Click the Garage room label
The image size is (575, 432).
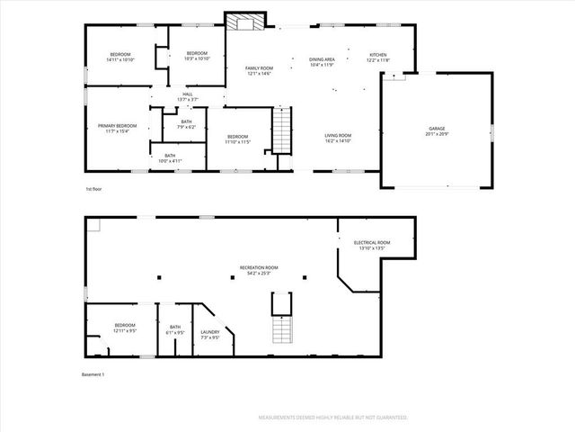click(x=436, y=130)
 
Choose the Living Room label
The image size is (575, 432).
click(x=338, y=138)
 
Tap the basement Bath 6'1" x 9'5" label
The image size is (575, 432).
click(x=175, y=329)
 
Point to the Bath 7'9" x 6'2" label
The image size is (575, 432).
click(x=186, y=123)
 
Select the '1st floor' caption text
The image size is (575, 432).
click(x=94, y=190)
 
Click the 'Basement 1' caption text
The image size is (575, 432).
click(x=93, y=374)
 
